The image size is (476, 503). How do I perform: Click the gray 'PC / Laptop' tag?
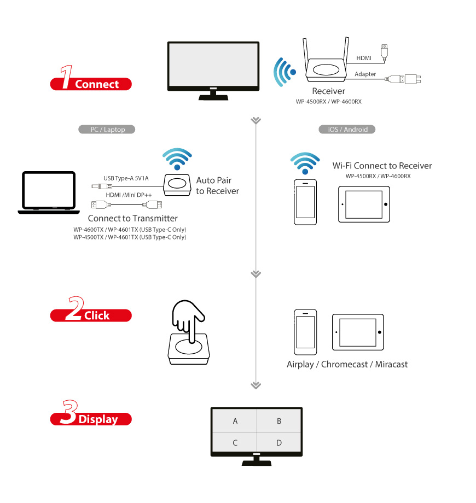[107, 130]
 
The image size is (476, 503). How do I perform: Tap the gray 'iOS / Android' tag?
[347, 130]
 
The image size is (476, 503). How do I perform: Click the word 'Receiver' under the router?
[328, 91]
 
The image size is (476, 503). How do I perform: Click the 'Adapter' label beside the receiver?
[365, 74]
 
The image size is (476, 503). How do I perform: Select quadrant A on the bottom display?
[235, 421]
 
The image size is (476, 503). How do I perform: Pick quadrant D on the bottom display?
[279, 442]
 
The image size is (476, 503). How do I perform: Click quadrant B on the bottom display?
[279, 421]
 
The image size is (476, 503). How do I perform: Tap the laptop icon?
[49, 192]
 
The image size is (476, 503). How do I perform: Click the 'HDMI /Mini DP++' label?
[128, 195]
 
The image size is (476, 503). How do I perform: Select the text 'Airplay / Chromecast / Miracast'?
[347, 364]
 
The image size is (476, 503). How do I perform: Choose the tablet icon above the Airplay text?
[359, 332]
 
